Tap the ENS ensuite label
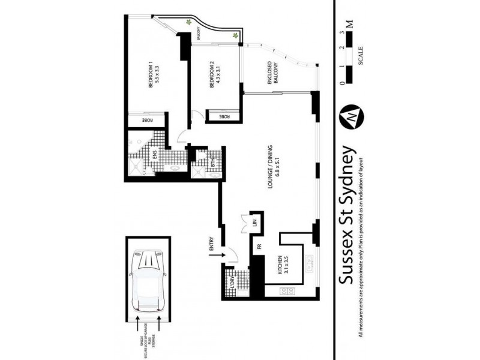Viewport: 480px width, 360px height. pos(154,154)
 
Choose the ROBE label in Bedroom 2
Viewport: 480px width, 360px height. pos(223,116)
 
